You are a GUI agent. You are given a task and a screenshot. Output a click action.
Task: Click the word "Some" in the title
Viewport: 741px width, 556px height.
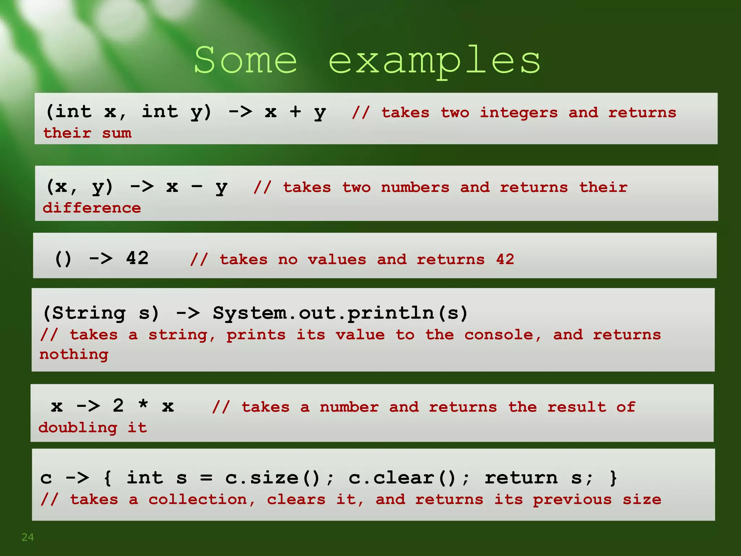246,60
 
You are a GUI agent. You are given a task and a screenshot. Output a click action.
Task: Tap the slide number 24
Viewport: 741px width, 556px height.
28,537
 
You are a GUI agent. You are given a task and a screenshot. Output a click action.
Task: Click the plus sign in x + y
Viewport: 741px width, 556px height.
295,111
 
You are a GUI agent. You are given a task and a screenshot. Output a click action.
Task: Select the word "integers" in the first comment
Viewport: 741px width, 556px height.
518,113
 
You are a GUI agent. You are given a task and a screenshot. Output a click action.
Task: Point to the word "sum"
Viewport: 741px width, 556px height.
117,133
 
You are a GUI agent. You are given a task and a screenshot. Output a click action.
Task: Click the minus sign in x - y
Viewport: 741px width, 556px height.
197,186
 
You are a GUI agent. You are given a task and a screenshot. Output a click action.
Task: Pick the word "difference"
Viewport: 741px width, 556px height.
92,208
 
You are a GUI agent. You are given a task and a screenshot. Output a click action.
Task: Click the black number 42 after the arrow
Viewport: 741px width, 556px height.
137,258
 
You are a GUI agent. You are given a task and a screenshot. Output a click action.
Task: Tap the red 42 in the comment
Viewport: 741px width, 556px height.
505,260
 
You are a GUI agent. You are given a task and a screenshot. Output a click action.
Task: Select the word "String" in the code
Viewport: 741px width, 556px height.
89,313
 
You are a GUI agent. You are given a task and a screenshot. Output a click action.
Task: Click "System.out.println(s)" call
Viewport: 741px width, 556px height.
340,313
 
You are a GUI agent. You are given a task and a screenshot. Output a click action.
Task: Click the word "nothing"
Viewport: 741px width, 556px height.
74,354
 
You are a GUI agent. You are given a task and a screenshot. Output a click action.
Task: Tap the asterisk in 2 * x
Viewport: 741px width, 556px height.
143,404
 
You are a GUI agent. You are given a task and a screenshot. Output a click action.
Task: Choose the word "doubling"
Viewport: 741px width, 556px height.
78,428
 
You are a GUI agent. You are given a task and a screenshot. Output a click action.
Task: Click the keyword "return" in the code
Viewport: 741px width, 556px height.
521,478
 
